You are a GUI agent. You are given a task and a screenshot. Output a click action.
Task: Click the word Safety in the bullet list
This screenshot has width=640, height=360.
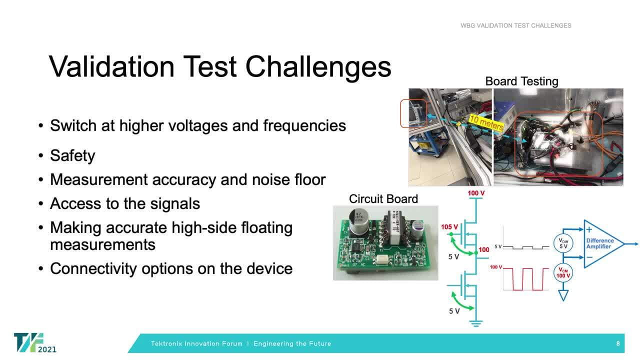[x=72, y=155]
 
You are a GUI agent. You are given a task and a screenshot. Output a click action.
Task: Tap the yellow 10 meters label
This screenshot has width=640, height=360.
[x=486, y=122]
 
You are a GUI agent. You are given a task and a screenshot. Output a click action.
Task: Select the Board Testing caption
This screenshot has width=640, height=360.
[x=521, y=81]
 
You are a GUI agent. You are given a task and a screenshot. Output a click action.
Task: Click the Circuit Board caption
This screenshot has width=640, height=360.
[x=383, y=199]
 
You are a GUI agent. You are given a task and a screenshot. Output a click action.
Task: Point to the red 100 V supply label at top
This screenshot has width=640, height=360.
[x=476, y=193]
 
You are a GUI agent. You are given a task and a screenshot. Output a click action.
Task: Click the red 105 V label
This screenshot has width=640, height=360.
[x=449, y=227]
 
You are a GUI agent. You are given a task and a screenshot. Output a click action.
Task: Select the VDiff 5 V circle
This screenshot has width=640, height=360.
[x=563, y=243]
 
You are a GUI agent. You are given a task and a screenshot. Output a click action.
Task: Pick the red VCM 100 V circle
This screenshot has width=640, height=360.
[x=563, y=273]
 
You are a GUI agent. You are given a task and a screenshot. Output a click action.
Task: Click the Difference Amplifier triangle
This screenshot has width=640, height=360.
[x=602, y=243]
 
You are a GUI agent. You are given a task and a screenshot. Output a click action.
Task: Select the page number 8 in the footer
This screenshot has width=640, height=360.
[x=618, y=344]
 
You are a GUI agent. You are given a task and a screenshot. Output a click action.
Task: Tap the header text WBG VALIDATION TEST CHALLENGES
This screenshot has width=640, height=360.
[x=515, y=25]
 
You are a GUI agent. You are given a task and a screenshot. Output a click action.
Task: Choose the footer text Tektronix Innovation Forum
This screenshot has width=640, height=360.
[x=196, y=344]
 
